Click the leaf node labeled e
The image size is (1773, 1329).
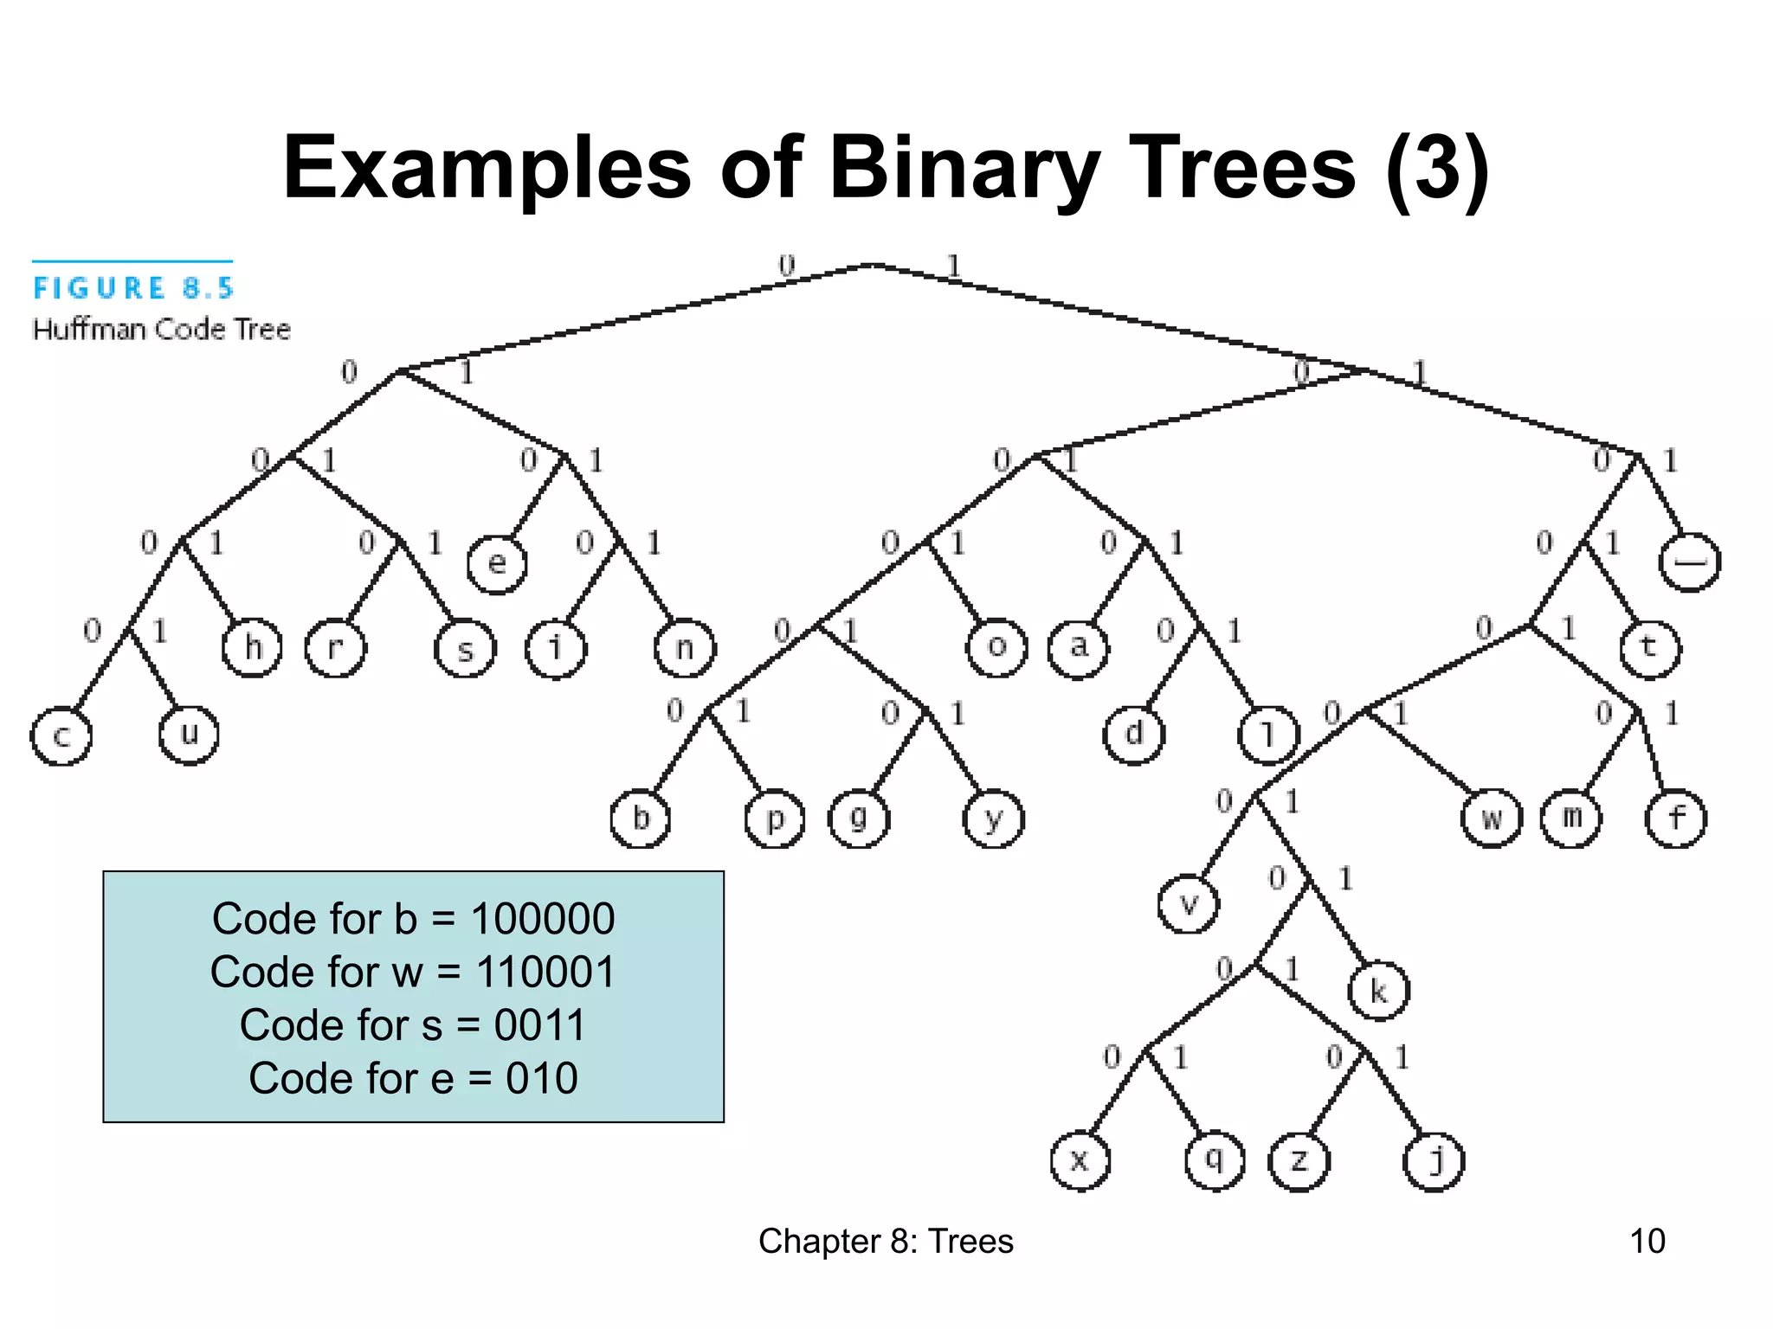pos(496,564)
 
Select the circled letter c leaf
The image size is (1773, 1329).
pos(61,735)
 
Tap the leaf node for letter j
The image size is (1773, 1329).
pos(1434,1161)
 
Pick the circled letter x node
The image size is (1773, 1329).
pos(1080,1160)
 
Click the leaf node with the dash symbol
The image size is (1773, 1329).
pos(1689,562)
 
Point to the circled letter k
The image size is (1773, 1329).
pos(1378,991)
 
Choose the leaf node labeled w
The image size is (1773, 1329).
pos(1491,819)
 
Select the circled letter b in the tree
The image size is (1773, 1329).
pos(640,819)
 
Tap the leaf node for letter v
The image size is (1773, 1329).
pos(1188,904)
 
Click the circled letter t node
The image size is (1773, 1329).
pos(1649,648)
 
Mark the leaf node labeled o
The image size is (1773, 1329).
pos(996,647)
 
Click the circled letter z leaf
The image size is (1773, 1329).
pos(1299,1161)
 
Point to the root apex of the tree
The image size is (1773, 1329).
pos(871,266)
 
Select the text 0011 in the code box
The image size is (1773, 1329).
pos(540,1025)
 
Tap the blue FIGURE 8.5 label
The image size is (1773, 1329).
pos(133,288)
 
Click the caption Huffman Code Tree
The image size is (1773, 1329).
pos(162,330)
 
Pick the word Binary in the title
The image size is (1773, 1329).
pos(964,168)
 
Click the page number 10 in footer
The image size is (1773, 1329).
pos(1647,1241)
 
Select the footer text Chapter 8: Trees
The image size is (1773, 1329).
pos(886,1241)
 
